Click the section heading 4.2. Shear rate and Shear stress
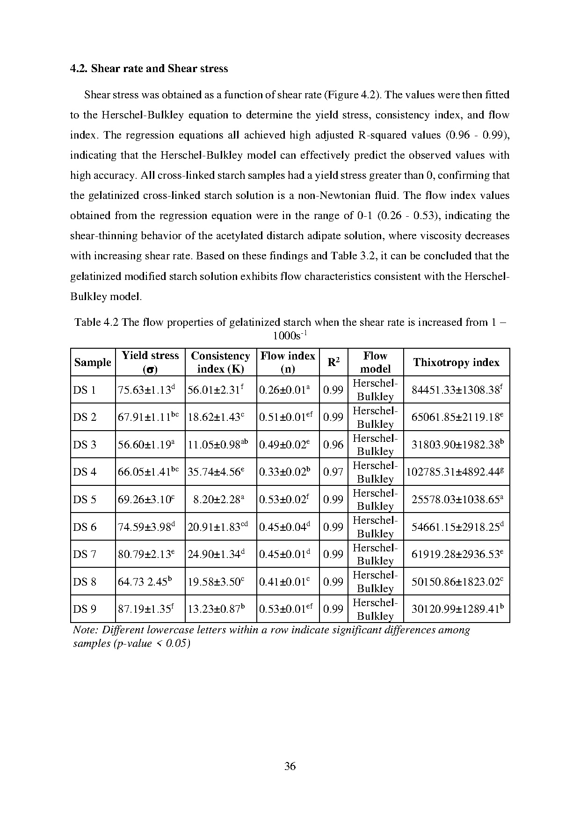[149, 68]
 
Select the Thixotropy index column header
[456, 362]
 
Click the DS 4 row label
[85, 472]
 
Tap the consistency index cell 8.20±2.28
[219, 499]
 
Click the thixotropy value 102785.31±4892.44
[456, 472]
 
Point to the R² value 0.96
[333, 445]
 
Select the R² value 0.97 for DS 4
[333, 472]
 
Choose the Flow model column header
[375, 362]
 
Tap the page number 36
[290, 766]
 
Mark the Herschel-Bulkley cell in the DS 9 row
[375, 609]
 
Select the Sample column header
[93, 362]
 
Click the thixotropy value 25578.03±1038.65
[457, 499]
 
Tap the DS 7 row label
[85, 554]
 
